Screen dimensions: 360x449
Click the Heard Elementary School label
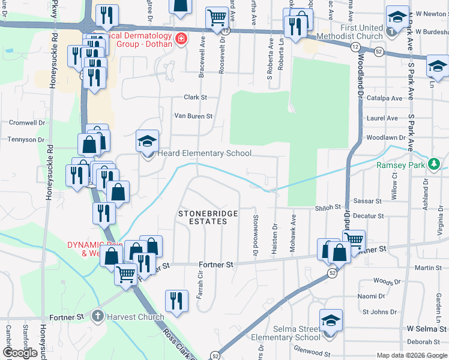[204, 154]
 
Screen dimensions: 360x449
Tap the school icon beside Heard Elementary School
[147, 142]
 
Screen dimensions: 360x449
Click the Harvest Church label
[136, 317]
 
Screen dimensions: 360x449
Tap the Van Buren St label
[193, 116]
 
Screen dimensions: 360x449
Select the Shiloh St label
[326, 208]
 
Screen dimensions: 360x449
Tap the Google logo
[20, 353]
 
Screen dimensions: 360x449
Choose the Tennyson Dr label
[26, 140]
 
